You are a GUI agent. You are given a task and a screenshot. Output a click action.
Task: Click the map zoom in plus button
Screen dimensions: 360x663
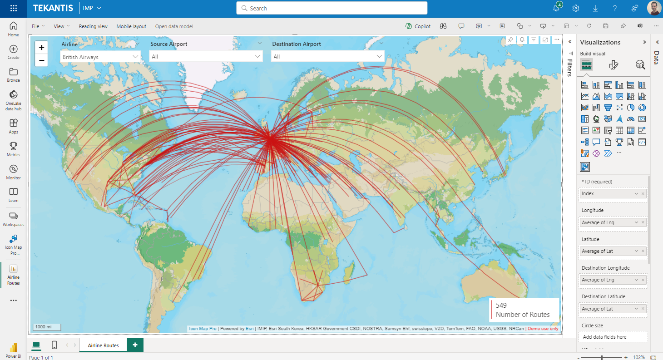tap(41, 47)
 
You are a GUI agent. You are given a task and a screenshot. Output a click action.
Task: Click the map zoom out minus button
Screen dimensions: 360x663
tap(41, 60)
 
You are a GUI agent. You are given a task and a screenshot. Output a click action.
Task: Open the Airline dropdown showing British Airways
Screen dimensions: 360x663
tap(100, 57)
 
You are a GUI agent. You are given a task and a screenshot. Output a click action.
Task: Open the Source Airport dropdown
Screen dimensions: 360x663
tap(207, 56)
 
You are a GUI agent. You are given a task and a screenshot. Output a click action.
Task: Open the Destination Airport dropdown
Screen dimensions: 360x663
tap(327, 56)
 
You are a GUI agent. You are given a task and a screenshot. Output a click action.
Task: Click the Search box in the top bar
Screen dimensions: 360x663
tap(331, 8)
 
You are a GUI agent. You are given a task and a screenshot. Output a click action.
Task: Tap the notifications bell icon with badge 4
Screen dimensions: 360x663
tap(556, 8)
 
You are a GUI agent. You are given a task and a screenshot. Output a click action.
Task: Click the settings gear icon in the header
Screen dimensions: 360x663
tap(576, 8)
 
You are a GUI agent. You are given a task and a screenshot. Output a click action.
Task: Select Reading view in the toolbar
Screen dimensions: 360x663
tap(93, 26)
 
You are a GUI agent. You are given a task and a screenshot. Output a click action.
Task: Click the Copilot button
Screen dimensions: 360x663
tap(418, 26)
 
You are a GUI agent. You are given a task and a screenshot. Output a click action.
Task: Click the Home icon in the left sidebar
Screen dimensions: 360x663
tap(14, 29)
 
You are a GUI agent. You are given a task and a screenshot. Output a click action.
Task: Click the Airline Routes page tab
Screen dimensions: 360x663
tap(103, 345)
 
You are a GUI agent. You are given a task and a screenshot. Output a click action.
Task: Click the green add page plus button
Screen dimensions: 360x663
tap(135, 345)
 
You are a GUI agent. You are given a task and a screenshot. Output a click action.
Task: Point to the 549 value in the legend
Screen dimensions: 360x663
tap(501, 305)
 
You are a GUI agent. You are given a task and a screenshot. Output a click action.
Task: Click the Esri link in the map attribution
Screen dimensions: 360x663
tap(250, 329)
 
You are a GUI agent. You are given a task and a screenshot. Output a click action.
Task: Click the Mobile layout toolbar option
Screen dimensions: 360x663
tap(131, 26)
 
